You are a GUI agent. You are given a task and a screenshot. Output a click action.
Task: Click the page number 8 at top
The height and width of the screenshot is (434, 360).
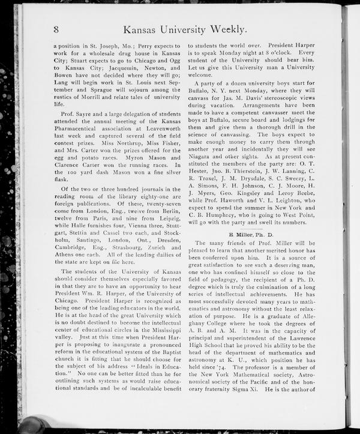coord(56,29)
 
